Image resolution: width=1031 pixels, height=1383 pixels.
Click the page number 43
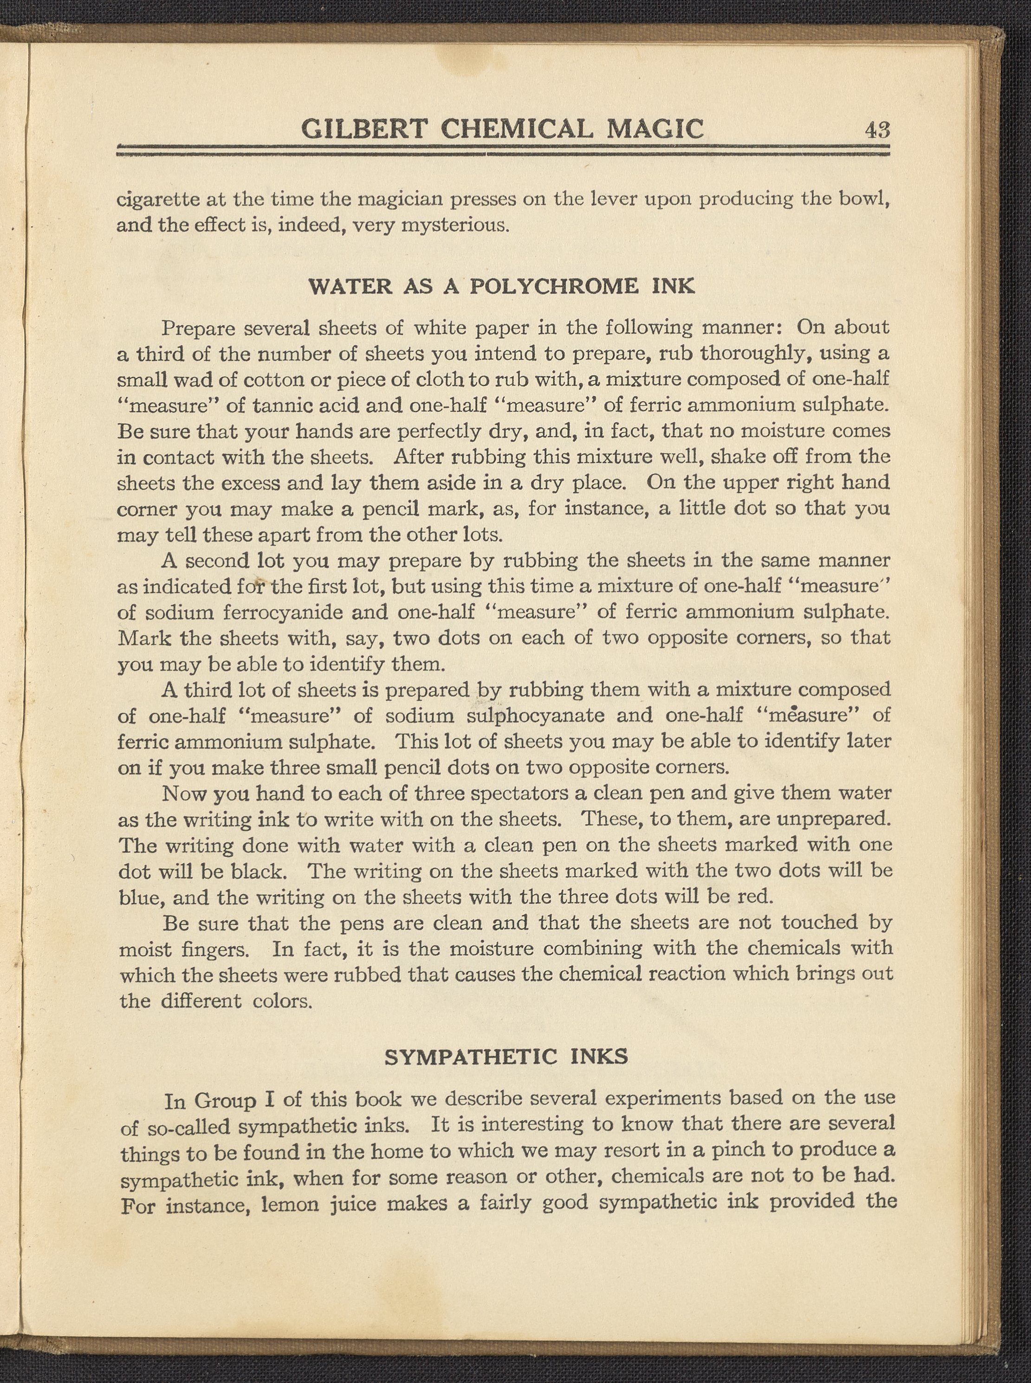click(x=877, y=130)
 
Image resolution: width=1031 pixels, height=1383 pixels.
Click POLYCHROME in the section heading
click(x=554, y=286)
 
